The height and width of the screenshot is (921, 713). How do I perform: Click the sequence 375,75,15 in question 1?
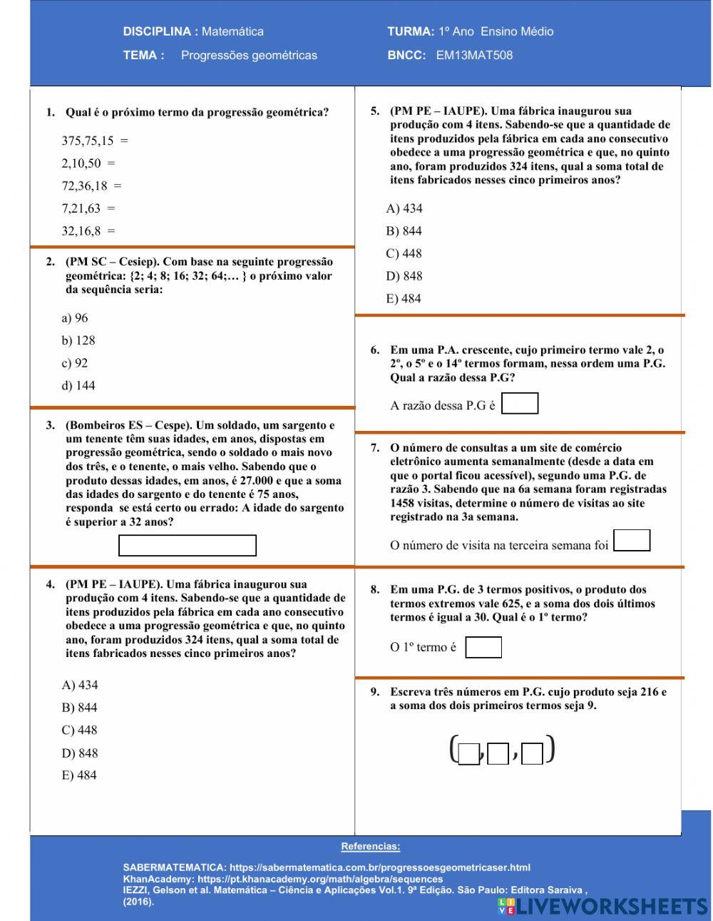point(87,141)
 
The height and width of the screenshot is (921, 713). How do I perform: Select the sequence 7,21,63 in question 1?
point(81,208)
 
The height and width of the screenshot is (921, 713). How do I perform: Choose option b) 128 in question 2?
point(78,340)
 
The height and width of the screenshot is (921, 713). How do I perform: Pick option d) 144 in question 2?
point(78,385)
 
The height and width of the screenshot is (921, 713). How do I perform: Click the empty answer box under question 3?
point(187,546)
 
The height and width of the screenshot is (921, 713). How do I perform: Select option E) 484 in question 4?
point(79,775)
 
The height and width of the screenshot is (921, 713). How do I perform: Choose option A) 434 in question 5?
point(404,208)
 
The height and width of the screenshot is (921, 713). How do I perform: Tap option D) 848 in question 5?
point(404,276)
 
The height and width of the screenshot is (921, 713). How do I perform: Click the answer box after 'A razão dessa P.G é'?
point(520,404)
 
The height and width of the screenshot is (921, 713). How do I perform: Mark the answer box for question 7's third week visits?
point(632,541)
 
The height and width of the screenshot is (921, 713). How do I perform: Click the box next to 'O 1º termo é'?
point(483,648)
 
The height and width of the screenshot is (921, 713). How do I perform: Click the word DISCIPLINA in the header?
point(157,31)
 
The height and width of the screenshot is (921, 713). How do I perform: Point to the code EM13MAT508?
point(474,55)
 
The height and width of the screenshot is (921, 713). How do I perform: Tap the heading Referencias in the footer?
point(370,847)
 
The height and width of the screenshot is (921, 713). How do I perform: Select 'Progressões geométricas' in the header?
point(249,55)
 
